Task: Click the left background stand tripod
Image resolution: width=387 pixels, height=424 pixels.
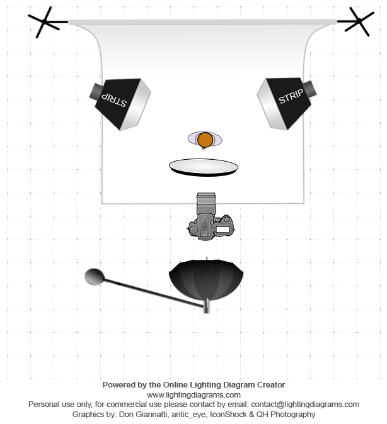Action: [44, 21]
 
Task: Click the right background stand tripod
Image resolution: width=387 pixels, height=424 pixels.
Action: [359, 21]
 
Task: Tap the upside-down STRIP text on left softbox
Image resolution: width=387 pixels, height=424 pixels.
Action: [114, 100]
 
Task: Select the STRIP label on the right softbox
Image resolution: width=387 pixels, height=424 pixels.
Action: [291, 96]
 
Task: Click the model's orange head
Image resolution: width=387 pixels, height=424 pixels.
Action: [205, 140]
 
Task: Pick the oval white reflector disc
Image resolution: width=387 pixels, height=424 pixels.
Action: [203, 167]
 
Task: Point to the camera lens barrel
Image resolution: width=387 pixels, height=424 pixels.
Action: [206, 203]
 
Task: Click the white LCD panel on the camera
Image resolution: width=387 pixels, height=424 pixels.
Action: [222, 230]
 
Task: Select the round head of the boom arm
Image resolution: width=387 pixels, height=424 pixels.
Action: [95, 277]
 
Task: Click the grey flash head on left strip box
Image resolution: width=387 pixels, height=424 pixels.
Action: [96, 91]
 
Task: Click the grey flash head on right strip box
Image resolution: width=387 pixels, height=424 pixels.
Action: [309, 88]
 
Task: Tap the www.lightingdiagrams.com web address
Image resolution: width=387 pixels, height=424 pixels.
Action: [193, 395]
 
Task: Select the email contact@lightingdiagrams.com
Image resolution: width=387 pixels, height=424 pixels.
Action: [305, 404]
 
